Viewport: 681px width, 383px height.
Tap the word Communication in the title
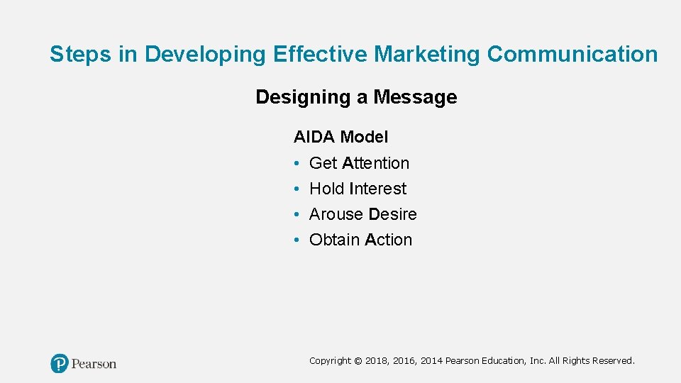pos(573,55)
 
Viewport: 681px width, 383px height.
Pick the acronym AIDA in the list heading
pos(314,137)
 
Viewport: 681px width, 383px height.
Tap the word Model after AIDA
pos(364,137)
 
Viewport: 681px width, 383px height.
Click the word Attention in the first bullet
pos(375,163)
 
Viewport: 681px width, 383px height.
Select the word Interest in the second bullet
pos(377,189)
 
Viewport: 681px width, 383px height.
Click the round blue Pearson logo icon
pos(60,364)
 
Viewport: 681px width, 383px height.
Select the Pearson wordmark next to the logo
pos(94,364)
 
